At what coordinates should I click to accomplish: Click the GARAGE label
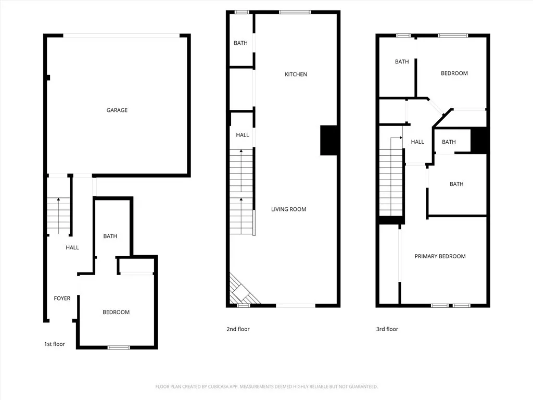point(117,110)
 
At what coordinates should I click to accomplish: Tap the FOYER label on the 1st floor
point(62,298)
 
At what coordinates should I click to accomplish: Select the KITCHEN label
point(296,74)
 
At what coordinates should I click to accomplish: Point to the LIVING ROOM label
point(288,209)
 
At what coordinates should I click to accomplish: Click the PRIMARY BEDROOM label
point(440,256)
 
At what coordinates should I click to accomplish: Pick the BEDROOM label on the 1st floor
point(116,312)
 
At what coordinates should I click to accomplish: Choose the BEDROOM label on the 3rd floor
point(454,73)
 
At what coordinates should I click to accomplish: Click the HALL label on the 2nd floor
point(242,135)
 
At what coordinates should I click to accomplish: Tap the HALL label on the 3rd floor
point(417,142)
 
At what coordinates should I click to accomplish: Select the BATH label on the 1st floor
point(110,236)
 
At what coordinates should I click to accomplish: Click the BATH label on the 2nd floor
point(240,43)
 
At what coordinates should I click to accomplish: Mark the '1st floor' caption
point(55,344)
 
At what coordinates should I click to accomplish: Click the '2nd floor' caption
point(238,329)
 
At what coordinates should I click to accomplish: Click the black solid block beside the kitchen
point(329,140)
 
